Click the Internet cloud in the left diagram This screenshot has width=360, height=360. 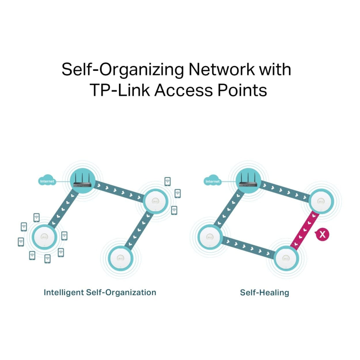coord(47,180)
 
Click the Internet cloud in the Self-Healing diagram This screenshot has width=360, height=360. coord(212,180)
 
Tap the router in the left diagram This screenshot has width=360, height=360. coord(83,181)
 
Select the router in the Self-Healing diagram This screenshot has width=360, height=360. coord(248,181)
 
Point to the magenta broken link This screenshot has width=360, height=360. coord(305,231)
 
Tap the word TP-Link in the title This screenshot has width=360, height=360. coord(120,90)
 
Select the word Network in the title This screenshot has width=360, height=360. coord(222,69)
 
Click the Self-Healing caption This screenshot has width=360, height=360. coord(264,293)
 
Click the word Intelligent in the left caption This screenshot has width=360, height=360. coord(63,293)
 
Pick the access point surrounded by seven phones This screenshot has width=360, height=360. coord(44,237)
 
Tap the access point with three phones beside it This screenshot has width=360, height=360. coord(155,201)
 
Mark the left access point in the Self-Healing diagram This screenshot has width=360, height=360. coord(210,237)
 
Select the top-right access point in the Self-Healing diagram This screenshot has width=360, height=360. coord(321,201)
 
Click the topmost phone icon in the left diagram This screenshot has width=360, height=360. coord(168,181)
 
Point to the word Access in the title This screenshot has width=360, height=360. coord(184,90)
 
